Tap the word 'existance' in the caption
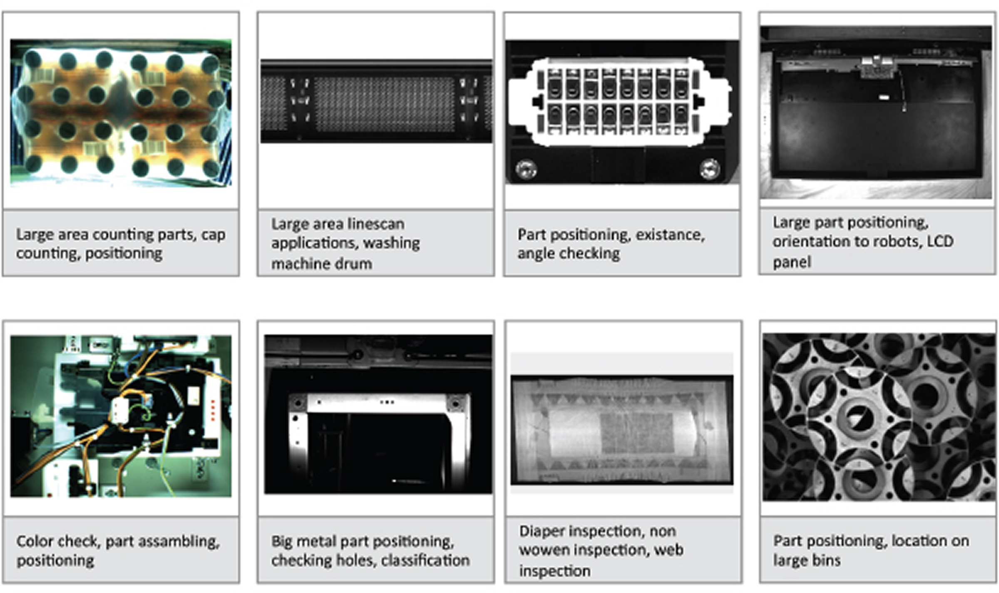pyautogui.click(x=670, y=235)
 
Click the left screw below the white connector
pyautogui.click(x=526, y=169)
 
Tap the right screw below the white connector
pyautogui.click(x=710, y=168)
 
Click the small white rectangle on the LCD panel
pyautogui.click(x=883, y=97)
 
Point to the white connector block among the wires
pyautogui.click(x=119, y=410)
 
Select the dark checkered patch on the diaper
pyautogui.click(x=637, y=434)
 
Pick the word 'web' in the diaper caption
pyautogui.click(x=669, y=551)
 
